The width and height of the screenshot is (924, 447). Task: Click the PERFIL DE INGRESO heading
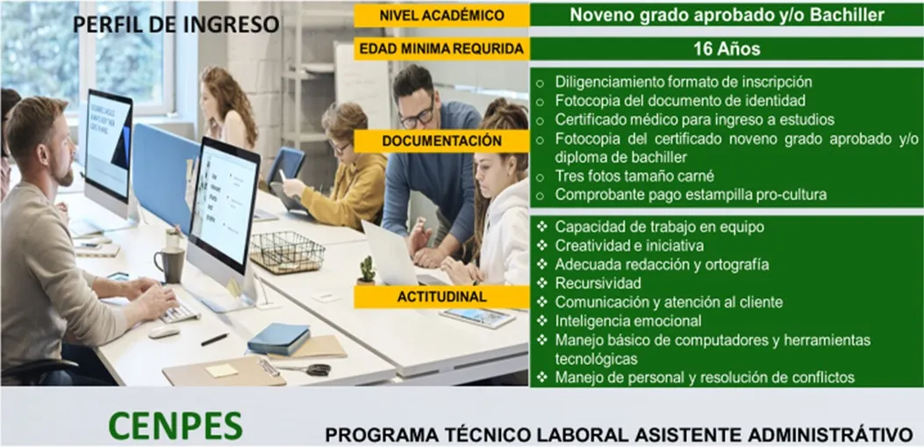click(x=175, y=25)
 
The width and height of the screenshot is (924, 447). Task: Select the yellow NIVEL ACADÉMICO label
click(x=442, y=16)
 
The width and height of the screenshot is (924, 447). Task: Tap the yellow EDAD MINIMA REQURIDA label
click(x=442, y=49)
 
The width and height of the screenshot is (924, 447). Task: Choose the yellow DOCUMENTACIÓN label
click(x=442, y=141)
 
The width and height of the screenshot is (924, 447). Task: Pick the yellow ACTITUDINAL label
click(x=442, y=297)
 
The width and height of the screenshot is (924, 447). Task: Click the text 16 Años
click(x=727, y=49)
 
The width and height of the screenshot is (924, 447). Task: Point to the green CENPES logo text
click(x=175, y=424)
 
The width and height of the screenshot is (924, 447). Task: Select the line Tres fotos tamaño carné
click(x=634, y=176)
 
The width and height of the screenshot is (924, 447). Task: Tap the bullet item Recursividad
click(x=598, y=283)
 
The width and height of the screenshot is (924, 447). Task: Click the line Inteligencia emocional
click(x=628, y=321)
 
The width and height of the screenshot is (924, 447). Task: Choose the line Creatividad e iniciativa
click(x=629, y=245)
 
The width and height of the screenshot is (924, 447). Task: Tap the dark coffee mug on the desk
click(x=170, y=264)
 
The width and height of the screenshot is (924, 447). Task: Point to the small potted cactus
click(x=367, y=271)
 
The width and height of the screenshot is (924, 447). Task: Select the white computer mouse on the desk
click(x=164, y=332)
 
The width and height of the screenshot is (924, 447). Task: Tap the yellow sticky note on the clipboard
click(x=222, y=371)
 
